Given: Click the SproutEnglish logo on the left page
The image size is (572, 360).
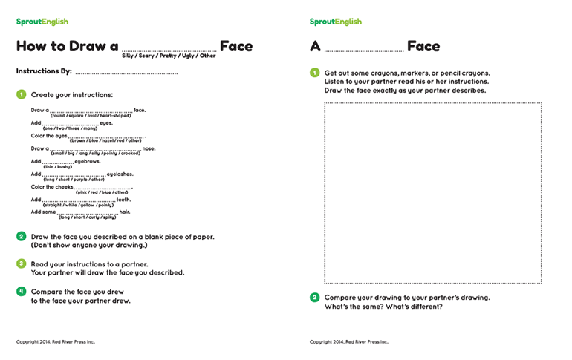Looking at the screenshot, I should click(42, 22).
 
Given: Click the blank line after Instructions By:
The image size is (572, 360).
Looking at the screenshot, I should click(126, 73).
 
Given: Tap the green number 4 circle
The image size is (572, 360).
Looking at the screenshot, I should click(21, 292).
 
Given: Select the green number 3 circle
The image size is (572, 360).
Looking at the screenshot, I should click(21, 264).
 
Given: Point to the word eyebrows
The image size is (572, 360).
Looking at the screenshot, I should click(88, 161).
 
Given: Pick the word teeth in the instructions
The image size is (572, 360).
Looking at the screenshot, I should click(123, 199).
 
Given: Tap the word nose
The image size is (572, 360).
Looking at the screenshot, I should click(149, 148).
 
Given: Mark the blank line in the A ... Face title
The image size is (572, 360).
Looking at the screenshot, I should click(363, 50).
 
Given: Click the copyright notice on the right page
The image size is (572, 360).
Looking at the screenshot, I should click(349, 342).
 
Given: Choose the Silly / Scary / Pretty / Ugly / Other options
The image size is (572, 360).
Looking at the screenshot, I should click(169, 56).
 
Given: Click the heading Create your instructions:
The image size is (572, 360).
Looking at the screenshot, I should click(72, 95).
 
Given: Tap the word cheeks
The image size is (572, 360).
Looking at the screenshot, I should click(63, 186).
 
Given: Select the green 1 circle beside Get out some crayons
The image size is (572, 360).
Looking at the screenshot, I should click(314, 73).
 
